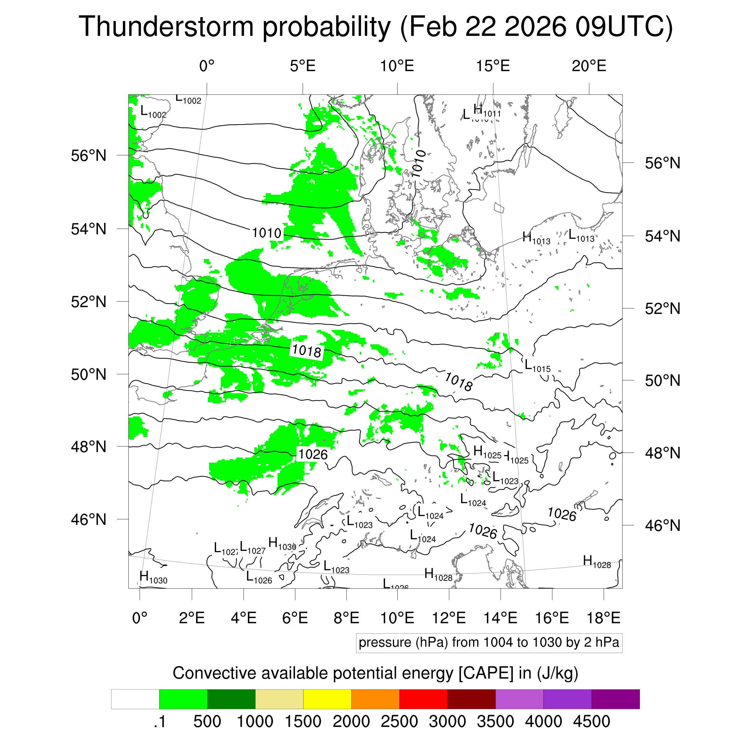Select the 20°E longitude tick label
tap(589, 66)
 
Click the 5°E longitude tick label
tap(303, 66)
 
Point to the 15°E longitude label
tap(493, 66)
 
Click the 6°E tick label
tap(295, 618)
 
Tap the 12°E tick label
tap(449, 618)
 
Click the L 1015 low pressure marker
tap(537, 366)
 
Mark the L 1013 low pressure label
tap(581, 236)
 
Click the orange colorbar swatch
tap(375, 699)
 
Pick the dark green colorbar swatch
tap(231, 699)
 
